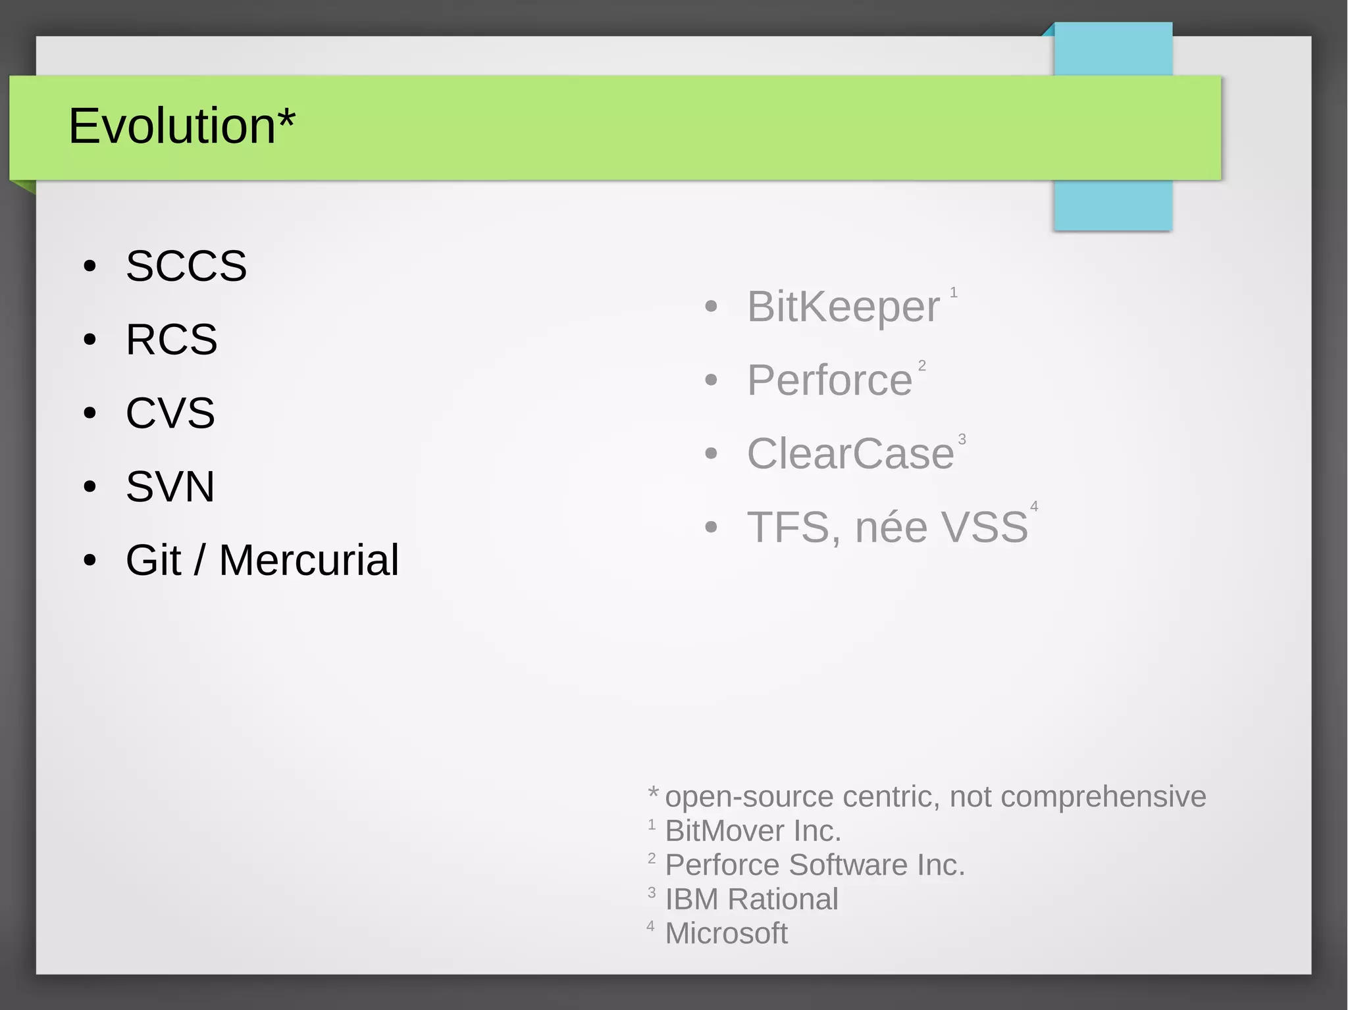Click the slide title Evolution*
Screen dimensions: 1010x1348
[182, 126]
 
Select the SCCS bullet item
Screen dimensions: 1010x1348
[186, 266]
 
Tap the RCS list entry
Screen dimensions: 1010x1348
[171, 340]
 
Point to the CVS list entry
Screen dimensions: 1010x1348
[170, 413]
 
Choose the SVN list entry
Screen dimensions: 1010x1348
[170, 487]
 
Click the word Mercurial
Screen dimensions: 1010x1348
[309, 561]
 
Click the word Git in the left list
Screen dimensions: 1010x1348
[153, 561]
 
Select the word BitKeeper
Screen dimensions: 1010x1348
[843, 307]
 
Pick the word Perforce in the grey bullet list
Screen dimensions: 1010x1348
[829, 380]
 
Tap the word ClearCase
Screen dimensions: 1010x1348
[850, 454]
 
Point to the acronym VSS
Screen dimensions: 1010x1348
[985, 528]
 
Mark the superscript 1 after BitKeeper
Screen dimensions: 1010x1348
[953, 292]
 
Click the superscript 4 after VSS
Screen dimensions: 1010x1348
[1034, 506]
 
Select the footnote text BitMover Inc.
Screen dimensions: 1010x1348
[753, 831]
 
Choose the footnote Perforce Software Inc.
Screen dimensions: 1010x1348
[815, 865]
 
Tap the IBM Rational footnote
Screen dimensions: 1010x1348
[752, 899]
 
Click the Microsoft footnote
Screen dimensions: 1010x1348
[726, 934]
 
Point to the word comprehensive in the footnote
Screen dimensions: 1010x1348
[1103, 797]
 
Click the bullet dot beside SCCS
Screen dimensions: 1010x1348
[90, 266]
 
